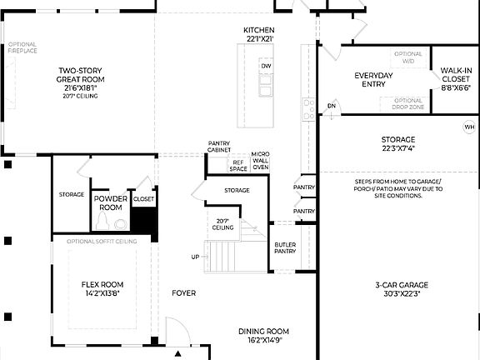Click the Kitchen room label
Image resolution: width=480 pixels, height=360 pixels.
[x=258, y=33]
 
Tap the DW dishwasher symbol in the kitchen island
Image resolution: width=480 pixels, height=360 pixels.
[x=266, y=65]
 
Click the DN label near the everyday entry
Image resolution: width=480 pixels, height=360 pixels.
[x=331, y=106]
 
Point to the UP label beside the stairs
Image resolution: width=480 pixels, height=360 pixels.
[x=195, y=257]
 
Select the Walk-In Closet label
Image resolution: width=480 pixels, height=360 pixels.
[x=455, y=79]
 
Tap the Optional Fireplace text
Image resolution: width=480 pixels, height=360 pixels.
[x=22, y=47]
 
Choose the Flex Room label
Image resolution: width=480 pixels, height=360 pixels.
[x=102, y=288]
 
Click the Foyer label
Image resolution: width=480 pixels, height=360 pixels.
[x=183, y=293]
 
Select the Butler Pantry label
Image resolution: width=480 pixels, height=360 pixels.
[x=286, y=247]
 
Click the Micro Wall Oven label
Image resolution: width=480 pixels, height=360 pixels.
[x=261, y=161]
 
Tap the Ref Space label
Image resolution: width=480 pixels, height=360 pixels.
[x=238, y=165]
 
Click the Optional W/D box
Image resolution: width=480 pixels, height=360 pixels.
[x=407, y=57]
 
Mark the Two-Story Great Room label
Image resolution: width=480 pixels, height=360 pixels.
[x=78, y=82]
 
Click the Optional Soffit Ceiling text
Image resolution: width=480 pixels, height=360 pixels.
[x=102, y=241]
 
